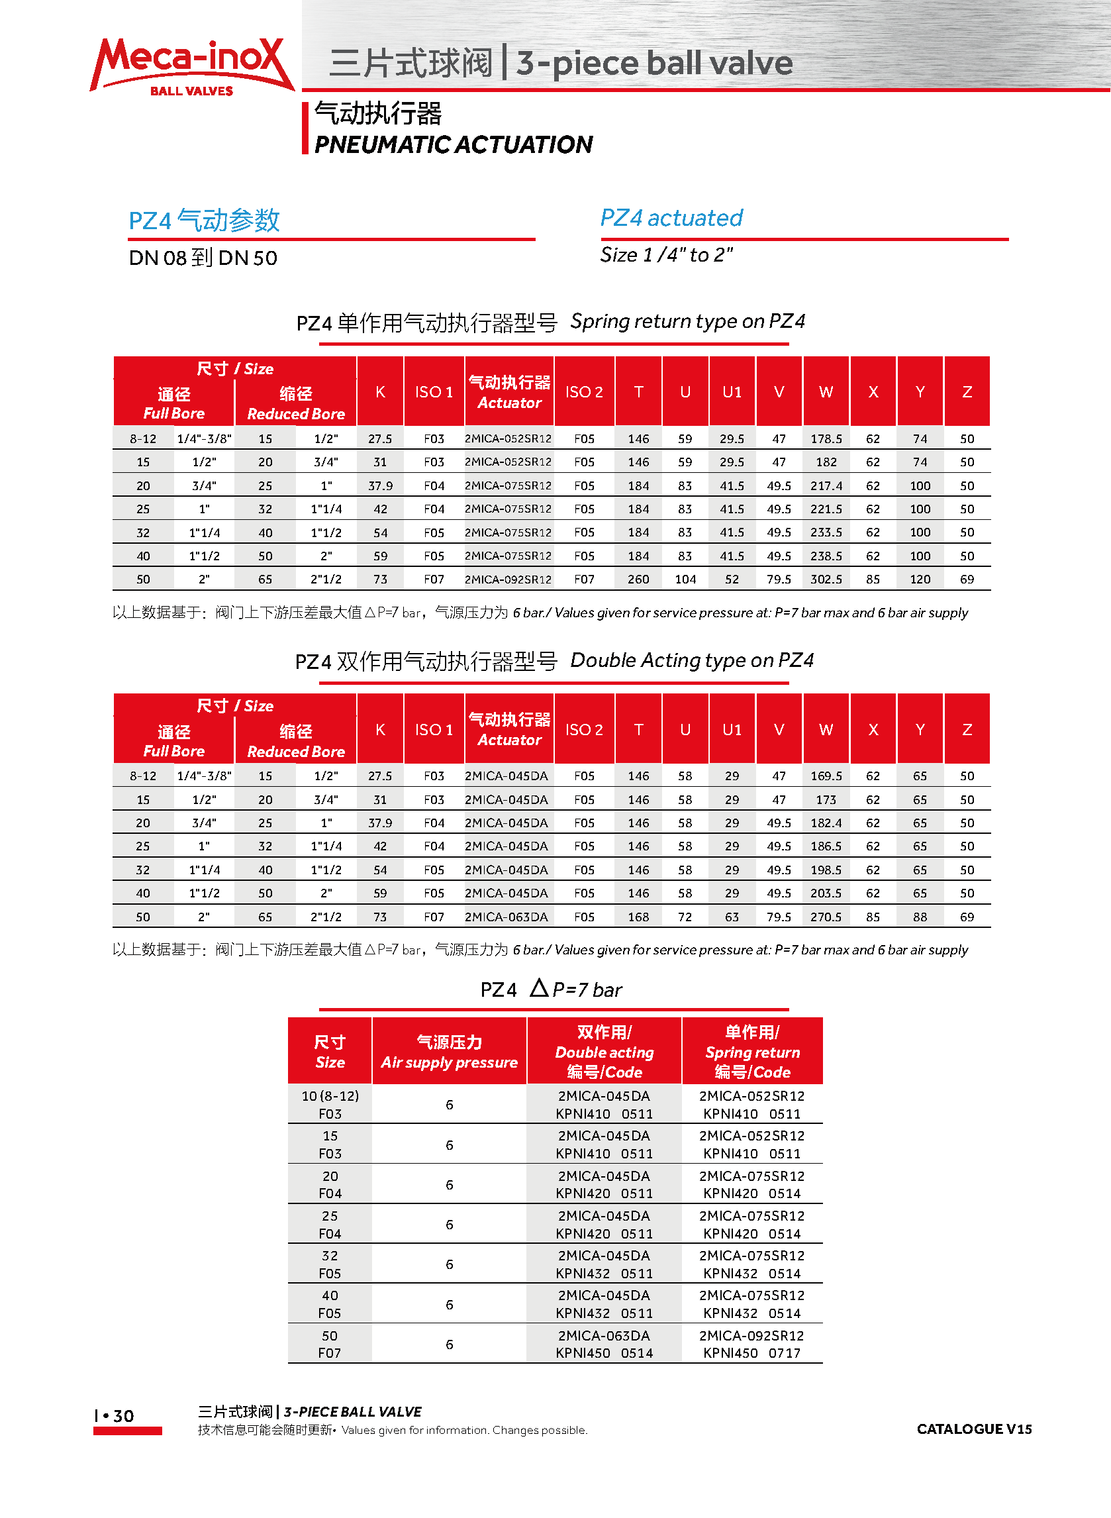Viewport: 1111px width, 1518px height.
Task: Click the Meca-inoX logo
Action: tap(191, 66)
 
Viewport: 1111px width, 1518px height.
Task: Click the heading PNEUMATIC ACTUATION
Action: tap(454, 144)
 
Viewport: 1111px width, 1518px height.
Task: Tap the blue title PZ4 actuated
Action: tap(671, 218)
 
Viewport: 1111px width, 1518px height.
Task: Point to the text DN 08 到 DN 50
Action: tap(203, 258)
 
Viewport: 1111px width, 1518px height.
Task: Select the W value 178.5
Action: tap(826, 438)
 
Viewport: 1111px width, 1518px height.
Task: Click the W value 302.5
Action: tap(826, 579)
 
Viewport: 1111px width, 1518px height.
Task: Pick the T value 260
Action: tap(638, 579)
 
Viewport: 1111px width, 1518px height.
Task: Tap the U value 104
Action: tap(685, 579)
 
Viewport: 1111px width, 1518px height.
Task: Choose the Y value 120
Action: tap(920, 579)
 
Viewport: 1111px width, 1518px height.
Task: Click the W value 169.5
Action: tap(826, 776)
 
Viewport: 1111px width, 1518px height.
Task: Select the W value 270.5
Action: tap(826, 917)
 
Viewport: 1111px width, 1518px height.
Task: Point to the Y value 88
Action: tap(920, 917)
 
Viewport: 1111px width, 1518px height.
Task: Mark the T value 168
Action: tap(638, 917)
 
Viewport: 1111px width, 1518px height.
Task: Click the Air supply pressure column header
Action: tap(450, 1052)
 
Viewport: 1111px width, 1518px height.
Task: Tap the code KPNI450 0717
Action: tap(752, 1352)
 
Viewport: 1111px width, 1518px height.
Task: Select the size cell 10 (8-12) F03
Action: tap(330, 1104)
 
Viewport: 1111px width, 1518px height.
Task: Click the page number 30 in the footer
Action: tap(123, 1416)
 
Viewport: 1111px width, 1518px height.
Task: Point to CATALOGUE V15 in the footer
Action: tap(974, 1429)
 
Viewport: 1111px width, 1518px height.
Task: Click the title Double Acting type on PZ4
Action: tap(691, 660)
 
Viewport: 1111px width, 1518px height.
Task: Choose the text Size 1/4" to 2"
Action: tap(666, 255)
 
